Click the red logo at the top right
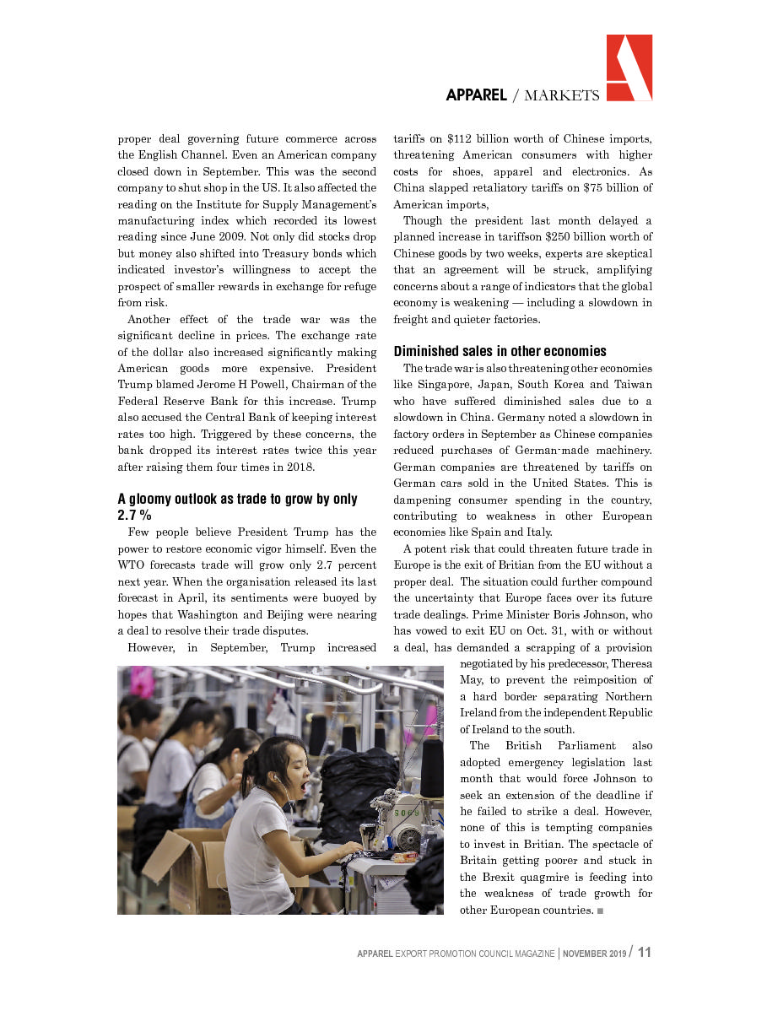pos(629,68)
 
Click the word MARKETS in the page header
pos(561,95)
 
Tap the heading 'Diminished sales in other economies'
pos(500,351)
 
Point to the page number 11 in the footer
pos(645,953)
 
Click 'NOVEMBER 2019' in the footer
pos(595,954)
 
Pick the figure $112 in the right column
pos(464,138)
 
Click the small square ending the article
pos(600,911)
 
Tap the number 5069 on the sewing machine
pos(405,813)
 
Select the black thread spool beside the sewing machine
pos(431,766)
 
